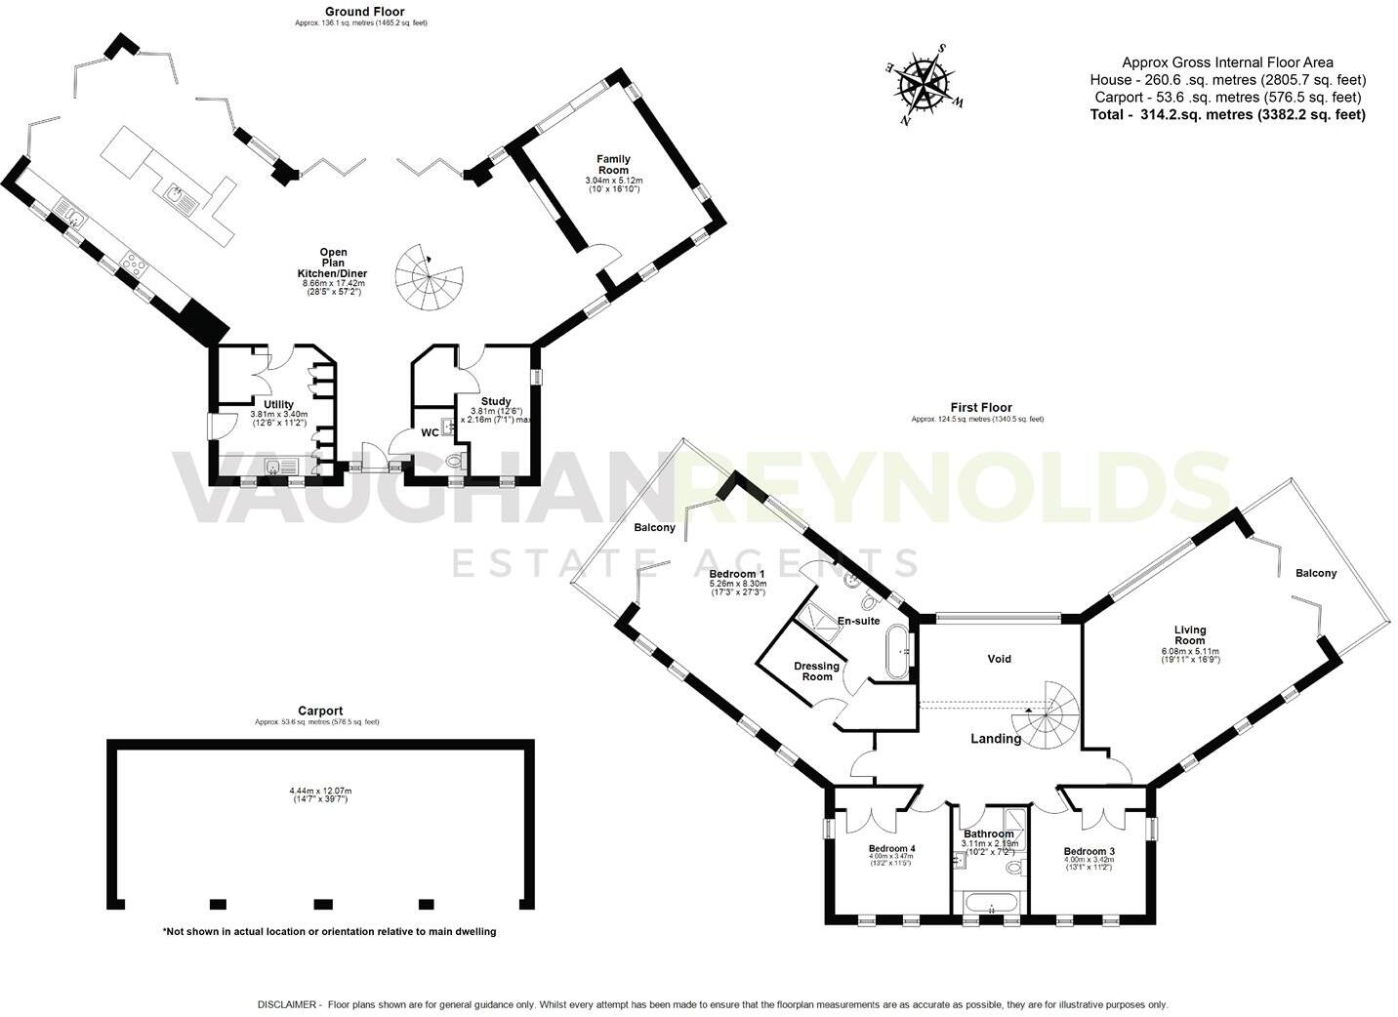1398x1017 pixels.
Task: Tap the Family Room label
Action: click(x=614, y=164)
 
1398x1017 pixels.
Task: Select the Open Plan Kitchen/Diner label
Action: click(x=334, y=263)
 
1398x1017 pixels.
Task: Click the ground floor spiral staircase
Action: click(x=427, y=277)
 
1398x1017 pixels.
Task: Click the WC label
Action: click(x=430, y=432)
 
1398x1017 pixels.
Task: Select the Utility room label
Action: click(x=278, y=404)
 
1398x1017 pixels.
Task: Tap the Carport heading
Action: click(x=320, y=712)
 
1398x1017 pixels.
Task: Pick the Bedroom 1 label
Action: click(x=736, y=573)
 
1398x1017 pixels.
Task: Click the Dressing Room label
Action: click(x=817, y=671)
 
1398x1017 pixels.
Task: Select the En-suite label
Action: click(x=859, y=621)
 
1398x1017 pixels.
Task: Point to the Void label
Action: click(x=999, y=659)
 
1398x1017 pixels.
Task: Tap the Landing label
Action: click(x=995, y=739)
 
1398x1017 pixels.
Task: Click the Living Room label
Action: click(x=1190, y=635)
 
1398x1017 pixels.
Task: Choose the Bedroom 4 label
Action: click(x=892, y=849)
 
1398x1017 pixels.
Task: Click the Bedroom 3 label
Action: click(x=1089, y=851)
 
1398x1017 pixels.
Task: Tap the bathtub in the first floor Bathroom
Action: click(x=991, y=907)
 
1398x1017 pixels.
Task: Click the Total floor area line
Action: click(x=1227, y=114)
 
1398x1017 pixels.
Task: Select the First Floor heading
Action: click(x=981, y=408)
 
